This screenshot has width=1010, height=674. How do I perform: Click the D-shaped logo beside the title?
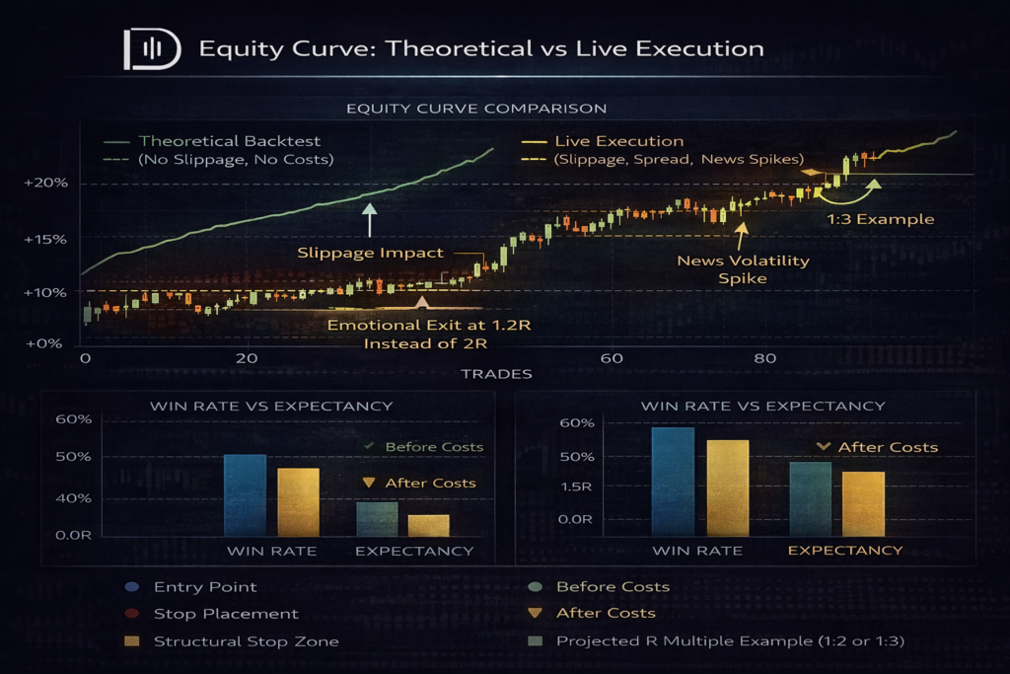tap(152, 49)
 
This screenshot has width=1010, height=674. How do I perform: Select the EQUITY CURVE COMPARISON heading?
tap(476, 109)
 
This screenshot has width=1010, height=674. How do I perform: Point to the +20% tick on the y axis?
tap(45, 183)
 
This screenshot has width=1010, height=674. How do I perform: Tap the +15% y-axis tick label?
tap(45, 240)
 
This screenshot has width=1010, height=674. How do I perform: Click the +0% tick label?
tap(44, 343)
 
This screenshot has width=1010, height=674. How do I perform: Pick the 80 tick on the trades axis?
tap(765, 358)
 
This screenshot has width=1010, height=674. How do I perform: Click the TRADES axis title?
tap(497, 374)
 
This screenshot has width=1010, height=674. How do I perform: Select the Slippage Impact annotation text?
tap(371, 253)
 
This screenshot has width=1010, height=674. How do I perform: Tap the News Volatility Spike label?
tap(743, 269)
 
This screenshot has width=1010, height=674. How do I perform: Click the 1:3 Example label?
tap(881, 219)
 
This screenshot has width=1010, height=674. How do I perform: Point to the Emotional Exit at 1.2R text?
tap(429, 325)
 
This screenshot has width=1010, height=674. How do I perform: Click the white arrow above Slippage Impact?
tap(369, 220)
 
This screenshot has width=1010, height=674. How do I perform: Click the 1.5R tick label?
tap(576, 487)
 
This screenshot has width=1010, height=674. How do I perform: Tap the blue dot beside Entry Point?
tap(132, 587)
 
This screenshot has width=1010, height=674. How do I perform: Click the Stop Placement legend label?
tap(226, 614)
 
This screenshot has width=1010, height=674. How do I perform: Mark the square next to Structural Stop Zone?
tap(132, 641)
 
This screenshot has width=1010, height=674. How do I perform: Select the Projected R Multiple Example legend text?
tap(731, 641)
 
